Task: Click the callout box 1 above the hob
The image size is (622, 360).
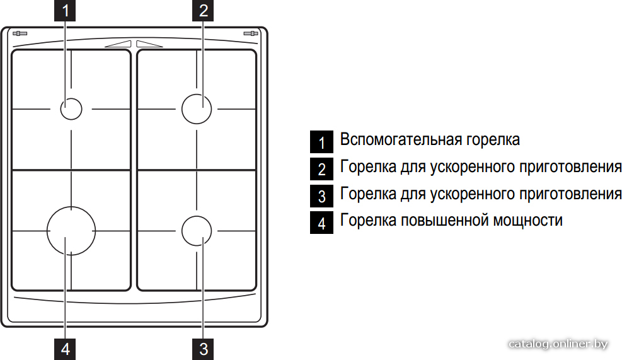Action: [x=65, y=11]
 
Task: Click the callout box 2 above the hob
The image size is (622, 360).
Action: [x=203, y=11]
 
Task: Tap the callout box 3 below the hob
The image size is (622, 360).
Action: [x=203, y=349]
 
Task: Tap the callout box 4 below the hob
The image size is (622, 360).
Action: [x=65, y=349]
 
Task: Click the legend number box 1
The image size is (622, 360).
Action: [x=321, y=142]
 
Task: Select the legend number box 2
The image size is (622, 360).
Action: [x=321, y=169]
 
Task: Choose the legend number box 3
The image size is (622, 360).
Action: [x=321, y=195]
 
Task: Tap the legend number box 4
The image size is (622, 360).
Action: [x=321, y=223]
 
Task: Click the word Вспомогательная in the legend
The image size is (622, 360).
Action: [x=401, y=140]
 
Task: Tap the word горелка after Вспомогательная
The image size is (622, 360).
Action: [x=493, y=141]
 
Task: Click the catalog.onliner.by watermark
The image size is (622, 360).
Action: [x=558, y=344]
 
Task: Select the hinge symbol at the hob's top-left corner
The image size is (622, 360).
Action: [x=20, y=33]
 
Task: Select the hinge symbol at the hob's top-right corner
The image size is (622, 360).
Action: [x=251, y=33]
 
